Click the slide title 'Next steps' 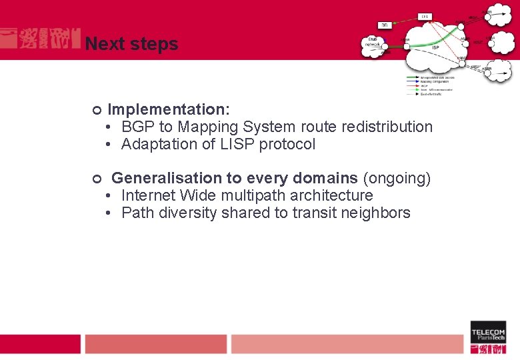[131, 44]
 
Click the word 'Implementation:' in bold [169, 109]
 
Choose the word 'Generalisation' [177, 178]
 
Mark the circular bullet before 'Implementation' [96, 109]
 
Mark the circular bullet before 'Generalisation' [96, 179]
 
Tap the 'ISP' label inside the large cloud [435, 47]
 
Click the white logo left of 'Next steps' [40, 39]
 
